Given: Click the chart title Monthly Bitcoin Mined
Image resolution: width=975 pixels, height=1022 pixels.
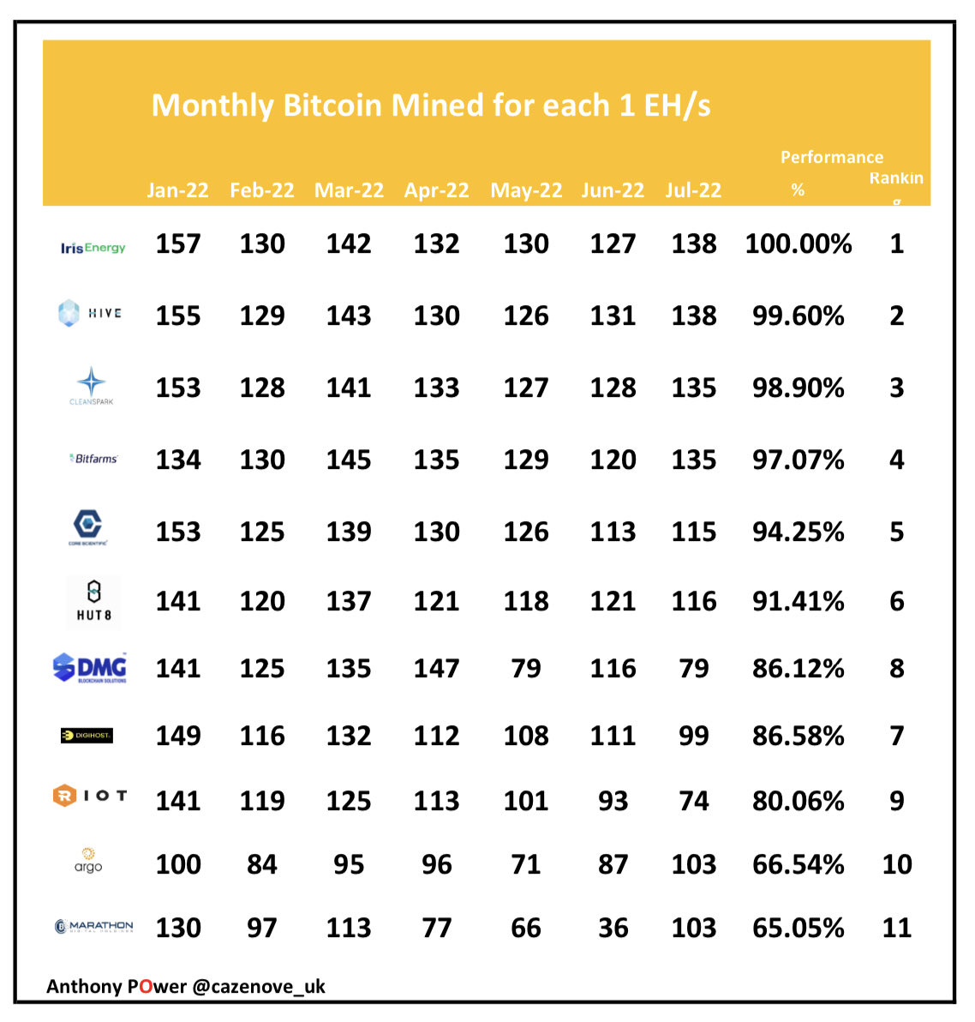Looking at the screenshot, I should (x=430, y=105).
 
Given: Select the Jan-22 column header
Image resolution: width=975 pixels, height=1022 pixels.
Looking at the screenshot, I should (x=177, y=190).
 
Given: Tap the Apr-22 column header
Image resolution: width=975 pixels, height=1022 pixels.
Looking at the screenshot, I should (x=436, y=190).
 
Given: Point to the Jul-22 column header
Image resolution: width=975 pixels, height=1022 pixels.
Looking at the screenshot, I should (x=693, y=190).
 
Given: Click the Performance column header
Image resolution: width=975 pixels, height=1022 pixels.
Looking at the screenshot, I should (x=831, y=158).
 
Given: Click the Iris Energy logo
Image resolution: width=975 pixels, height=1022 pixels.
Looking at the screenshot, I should (x=93, y=248).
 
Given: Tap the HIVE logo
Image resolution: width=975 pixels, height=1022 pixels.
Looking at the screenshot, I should (x=89, y=314).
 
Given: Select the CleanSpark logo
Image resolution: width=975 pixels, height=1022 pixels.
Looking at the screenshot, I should (x=92, y=386).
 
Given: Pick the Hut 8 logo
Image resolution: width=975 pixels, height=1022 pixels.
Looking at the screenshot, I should (x=93, y=601).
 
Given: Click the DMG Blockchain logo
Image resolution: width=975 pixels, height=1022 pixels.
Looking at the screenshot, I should (x=90, y=668).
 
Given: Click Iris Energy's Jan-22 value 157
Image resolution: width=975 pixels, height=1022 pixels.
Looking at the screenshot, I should (x=177, y=244).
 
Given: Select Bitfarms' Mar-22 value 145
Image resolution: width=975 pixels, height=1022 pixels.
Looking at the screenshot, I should (x=349, y=460).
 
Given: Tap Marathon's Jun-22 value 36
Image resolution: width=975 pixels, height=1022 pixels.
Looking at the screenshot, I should (x=613, y=928).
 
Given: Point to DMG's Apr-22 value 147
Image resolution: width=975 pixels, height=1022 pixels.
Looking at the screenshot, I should (x=436, y=669).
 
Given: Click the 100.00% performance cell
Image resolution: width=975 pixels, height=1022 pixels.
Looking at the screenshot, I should (x=798, y=244).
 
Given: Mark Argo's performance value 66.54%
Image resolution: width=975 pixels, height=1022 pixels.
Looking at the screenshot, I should (x=798, y=864).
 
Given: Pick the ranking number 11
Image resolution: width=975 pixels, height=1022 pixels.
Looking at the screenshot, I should (x=896, y=928).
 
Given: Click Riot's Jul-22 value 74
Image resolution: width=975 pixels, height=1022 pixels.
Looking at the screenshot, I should (x=693, y=801).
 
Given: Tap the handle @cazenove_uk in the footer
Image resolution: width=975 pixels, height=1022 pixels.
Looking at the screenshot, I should (x=259, y=986).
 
